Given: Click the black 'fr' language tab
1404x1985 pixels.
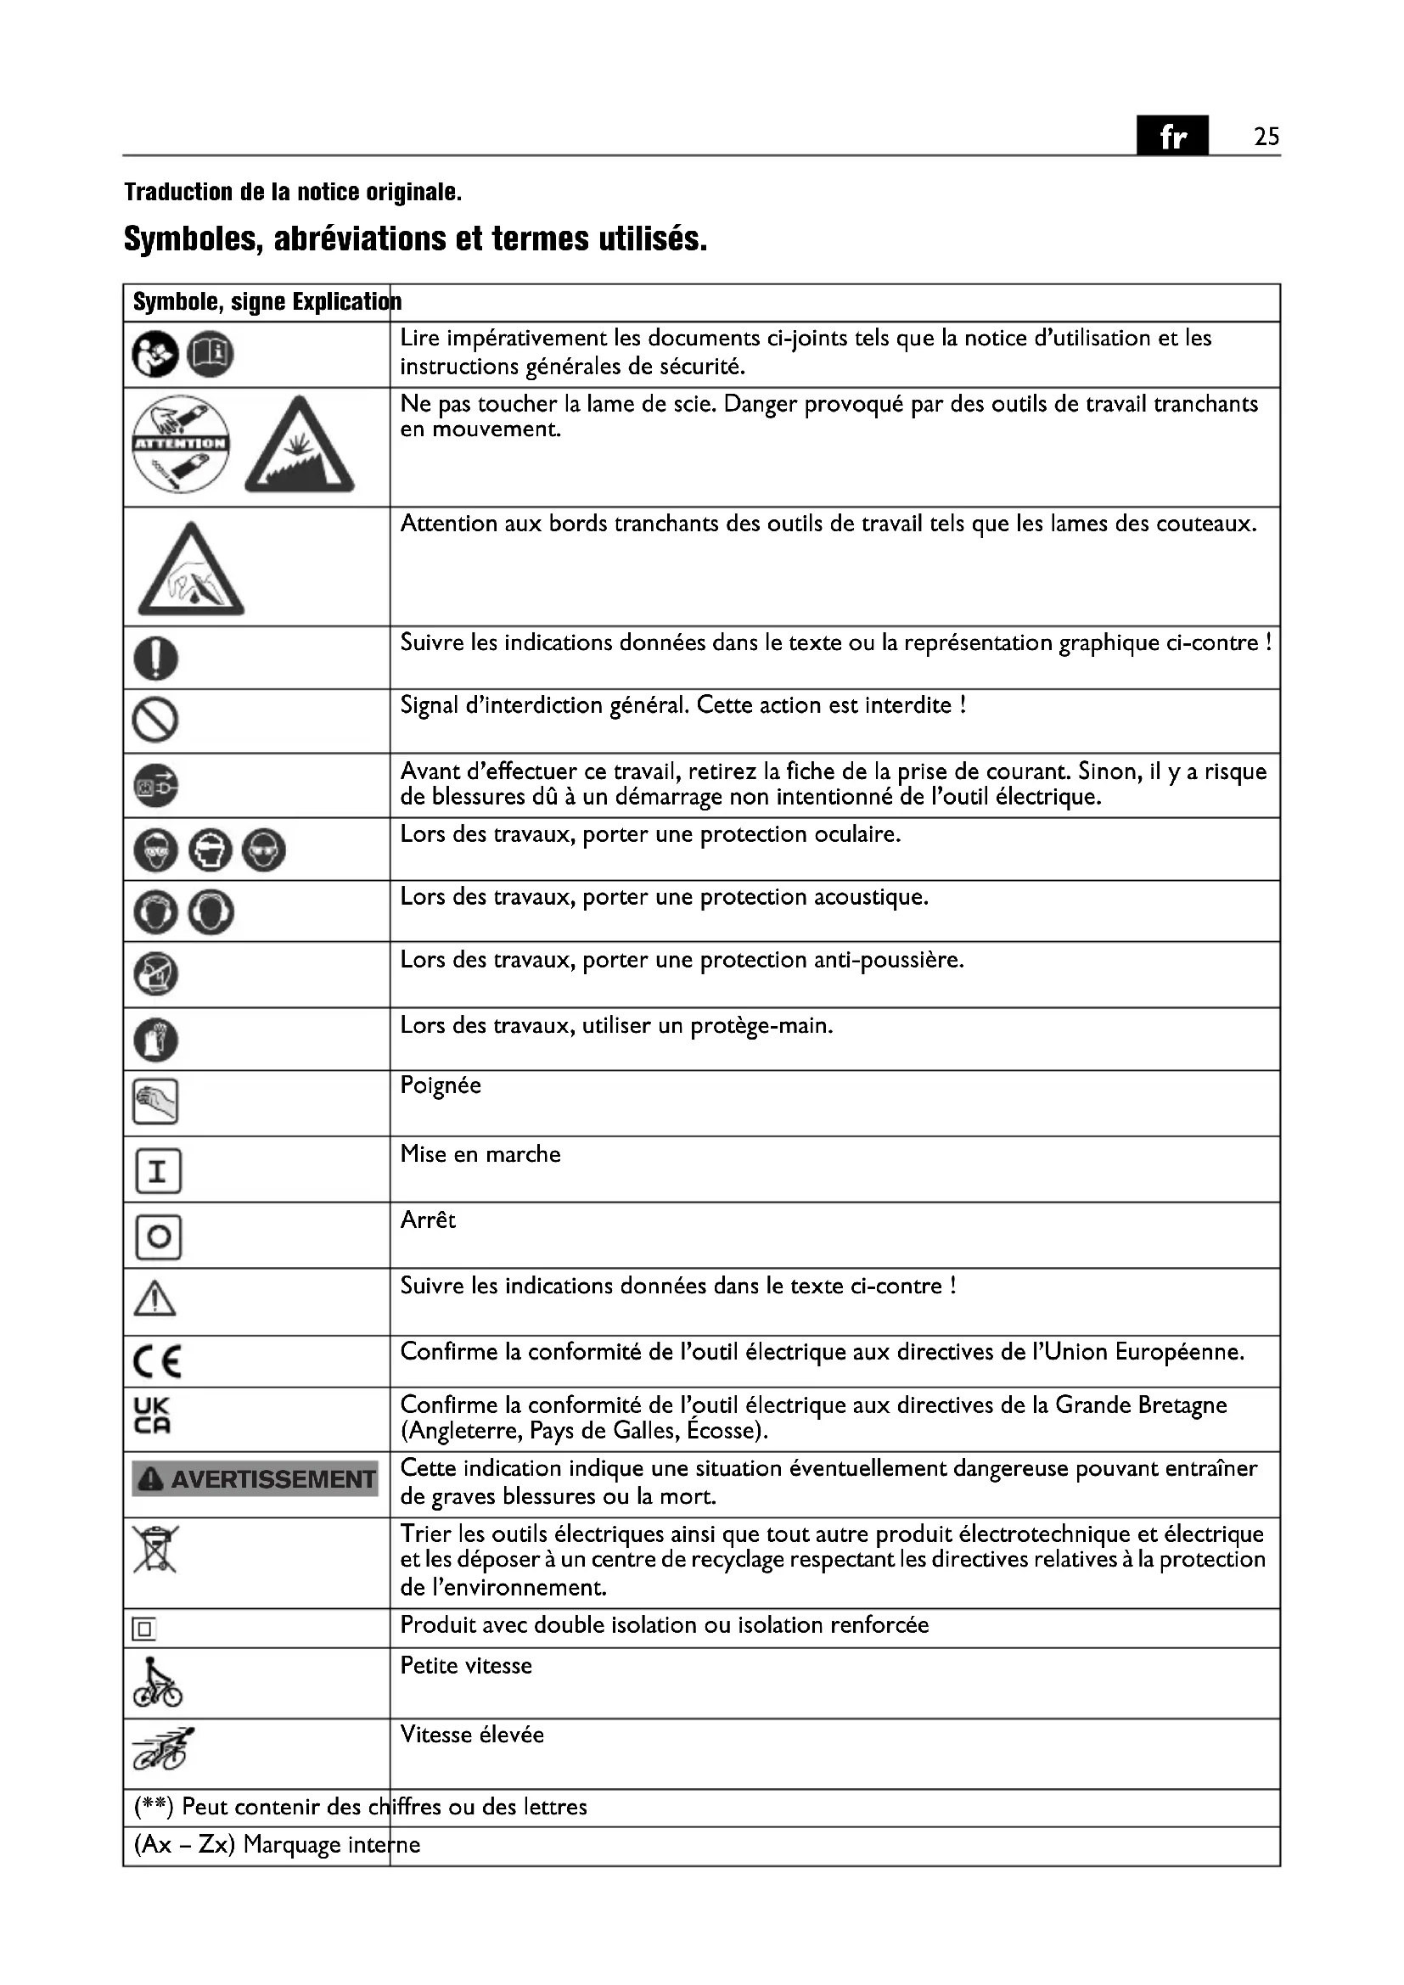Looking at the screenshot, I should click(x=1171, y=136).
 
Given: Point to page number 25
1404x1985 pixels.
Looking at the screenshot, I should click(x=1266, y=137).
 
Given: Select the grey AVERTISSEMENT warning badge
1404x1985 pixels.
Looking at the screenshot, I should click(x=255, y=1479).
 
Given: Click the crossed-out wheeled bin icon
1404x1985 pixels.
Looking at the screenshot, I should click(x=154, y=1550).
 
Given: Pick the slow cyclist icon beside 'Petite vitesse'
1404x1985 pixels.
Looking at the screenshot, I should click(x=157, y=1683).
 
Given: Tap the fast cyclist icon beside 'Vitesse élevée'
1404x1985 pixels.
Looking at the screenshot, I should click(x=162, y=1750).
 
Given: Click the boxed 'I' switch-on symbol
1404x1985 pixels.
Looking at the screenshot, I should click(x=158, y=1171).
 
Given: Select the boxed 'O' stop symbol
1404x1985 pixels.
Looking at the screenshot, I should click(x=158, y=1237).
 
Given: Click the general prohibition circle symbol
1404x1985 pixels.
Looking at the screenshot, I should click(x=155, y=720).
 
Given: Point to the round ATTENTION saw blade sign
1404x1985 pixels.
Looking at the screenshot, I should click(x=181, y=445).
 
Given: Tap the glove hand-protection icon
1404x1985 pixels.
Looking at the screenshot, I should click(x=155, y=1040).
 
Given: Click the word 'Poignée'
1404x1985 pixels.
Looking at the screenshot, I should click(x=440, y=1086).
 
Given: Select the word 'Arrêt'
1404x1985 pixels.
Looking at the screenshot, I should click(x=427, y=1220).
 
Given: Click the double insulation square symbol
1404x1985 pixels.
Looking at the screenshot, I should click(x=143, y=1629).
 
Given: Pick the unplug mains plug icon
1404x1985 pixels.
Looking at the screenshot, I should click(x=155, y=786).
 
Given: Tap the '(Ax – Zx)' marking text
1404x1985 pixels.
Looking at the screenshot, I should click(x=184, y=1844).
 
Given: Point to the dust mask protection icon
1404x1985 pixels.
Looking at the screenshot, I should click(x=155, y=974).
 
